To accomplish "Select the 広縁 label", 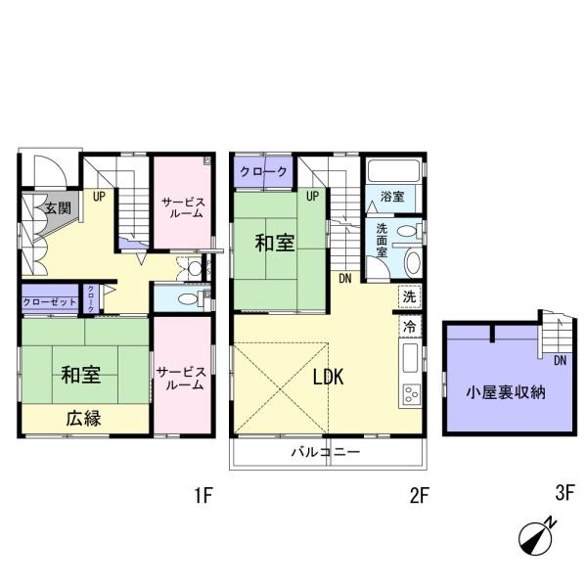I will (84, 417).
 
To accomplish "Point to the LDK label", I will (327, 379).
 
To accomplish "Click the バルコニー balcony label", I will (326, 453).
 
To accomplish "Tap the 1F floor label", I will (203, 495).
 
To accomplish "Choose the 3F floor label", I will (564, 495).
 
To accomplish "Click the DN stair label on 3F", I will (559, 362).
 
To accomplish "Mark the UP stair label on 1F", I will (100, 196).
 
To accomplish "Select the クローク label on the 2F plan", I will (264, 172).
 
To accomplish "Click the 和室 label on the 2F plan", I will (276, 243).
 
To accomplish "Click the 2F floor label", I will (419, 495).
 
